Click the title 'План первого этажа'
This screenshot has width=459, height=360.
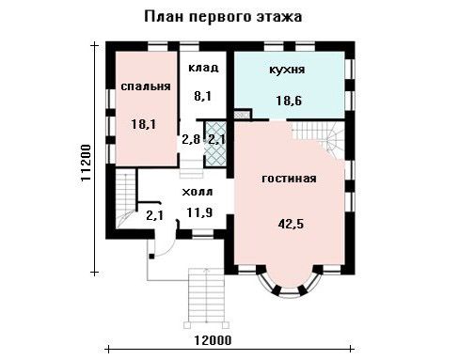[223, 17]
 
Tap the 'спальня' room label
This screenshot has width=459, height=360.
[146, 86]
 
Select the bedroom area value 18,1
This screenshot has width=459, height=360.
[143, 124]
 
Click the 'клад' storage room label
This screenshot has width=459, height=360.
[203, 68]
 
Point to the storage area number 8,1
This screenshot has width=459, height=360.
[202, 96]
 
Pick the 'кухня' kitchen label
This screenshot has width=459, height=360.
[287, 70]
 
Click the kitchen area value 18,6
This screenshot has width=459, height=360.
[289, 101]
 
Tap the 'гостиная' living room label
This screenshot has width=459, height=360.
[289, 179]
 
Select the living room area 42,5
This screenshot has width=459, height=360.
[291, 224]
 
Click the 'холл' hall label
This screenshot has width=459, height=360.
[198, 192]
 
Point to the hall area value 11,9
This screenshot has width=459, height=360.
[199, 212]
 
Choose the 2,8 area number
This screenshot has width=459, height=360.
[191, 139]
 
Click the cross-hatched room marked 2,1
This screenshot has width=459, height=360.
[215, 144]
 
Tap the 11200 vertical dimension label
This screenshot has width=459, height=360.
[86, 163]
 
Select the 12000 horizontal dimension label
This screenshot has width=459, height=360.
[213, 340]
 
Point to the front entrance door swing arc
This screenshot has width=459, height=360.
[168, 244]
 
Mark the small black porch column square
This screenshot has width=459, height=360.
[151, 257]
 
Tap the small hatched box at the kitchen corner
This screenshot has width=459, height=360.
[242, 115]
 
